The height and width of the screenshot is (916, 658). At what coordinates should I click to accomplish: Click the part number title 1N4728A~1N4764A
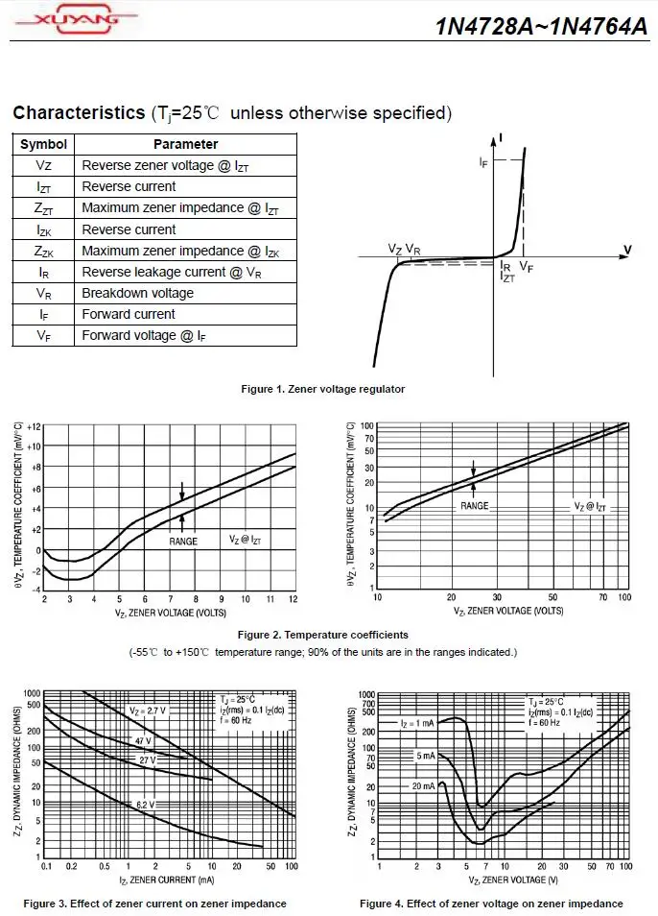(542, 26)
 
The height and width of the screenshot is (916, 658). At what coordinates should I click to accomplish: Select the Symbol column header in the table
(43, 144)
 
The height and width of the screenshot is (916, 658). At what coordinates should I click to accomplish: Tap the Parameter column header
(185, 144)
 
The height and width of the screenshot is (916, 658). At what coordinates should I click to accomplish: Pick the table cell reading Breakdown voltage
(137, 293)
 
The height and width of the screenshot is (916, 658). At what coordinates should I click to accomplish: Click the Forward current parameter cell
(129, 314)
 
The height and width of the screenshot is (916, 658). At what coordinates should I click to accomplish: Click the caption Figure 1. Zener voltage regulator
(321, 389)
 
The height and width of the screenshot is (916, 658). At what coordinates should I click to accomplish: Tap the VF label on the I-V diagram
(526, 267)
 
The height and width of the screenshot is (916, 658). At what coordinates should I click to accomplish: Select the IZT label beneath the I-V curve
(507, 277)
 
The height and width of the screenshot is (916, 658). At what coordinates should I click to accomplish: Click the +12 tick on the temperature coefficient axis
(34, 425)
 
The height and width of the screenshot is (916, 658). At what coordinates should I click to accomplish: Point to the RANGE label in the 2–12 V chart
(183, 542)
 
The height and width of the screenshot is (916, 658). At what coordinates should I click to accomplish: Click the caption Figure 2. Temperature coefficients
(322, 635)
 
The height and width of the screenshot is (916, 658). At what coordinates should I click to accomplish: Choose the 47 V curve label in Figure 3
(143, 741)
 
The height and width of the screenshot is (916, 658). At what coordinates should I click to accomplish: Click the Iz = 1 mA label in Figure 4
(417, 723)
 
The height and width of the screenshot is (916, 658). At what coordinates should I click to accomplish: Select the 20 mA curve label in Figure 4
(422, 785)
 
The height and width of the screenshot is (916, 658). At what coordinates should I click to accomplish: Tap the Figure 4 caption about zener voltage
(491, 904)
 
